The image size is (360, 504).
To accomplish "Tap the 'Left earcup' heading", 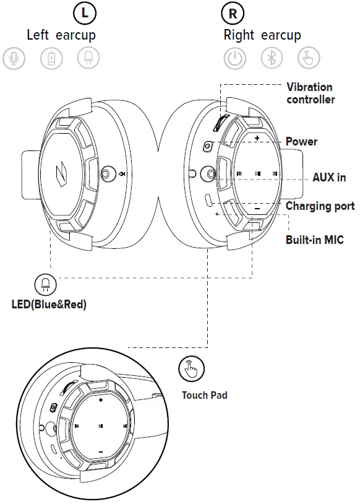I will coord(61,35).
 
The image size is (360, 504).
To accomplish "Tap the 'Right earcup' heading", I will coord(262,35).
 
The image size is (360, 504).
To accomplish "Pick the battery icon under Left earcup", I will coord(51,59).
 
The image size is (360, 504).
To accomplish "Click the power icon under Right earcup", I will coord(234,59).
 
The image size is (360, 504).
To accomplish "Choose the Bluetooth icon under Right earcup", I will coord(271,59).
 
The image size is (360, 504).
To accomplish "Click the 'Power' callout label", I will coord(301,142).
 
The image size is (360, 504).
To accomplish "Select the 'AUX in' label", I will coord(328,178).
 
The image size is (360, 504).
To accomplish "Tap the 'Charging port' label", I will coord(320,206).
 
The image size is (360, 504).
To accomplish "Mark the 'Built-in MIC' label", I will coord(314,240).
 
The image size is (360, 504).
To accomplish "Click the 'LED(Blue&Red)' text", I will coord(48,305).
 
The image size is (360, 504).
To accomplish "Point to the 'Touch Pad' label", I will coord(204,395).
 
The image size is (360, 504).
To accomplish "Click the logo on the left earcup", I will coord(61,172).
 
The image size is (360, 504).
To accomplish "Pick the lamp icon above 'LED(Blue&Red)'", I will coord(45,285).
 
